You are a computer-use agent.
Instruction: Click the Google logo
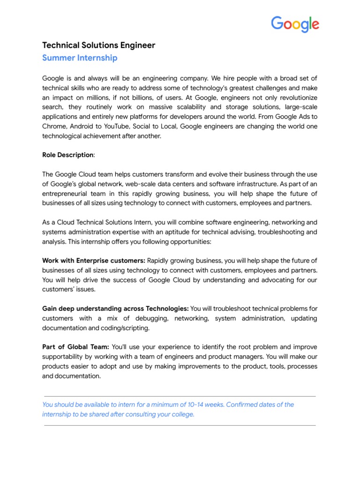pyautogui.click(x=295, y=24)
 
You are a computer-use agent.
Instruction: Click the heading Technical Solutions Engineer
pyautogui.click(x=98, y=45)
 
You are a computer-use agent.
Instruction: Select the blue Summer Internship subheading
pyautogui.click(x=80, y=58)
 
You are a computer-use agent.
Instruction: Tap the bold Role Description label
pyautogui.click(x=67, y=155)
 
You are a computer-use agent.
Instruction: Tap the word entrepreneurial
pyautogui.click(x=67, y=194)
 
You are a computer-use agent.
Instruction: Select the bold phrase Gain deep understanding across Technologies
pyautogui.click(x=115, y=308)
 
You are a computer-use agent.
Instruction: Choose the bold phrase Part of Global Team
pyautogui.click(x=75, y=347)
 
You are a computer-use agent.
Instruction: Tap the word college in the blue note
pyautogui.click(x=181, y=414)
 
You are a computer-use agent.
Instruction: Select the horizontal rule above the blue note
pyautogui.click(x=180, y=396)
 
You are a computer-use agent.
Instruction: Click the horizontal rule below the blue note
pyautogui.click(x=180, y=426)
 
